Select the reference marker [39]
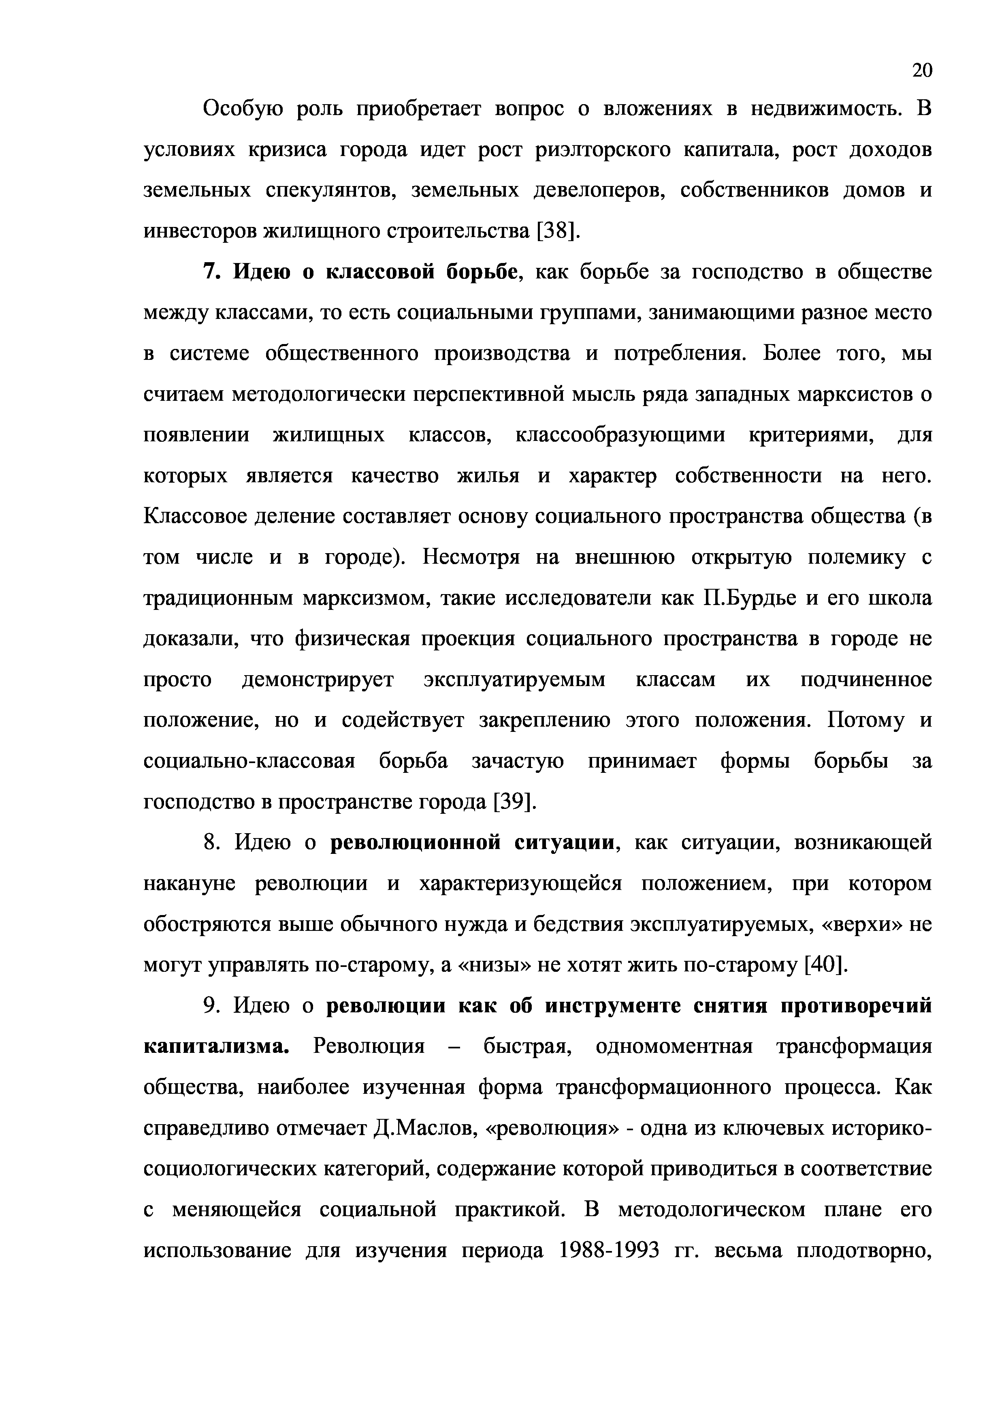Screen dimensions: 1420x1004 pos(514,802)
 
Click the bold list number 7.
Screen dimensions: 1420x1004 pos(211,272)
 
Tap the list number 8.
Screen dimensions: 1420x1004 pos(211,843)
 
